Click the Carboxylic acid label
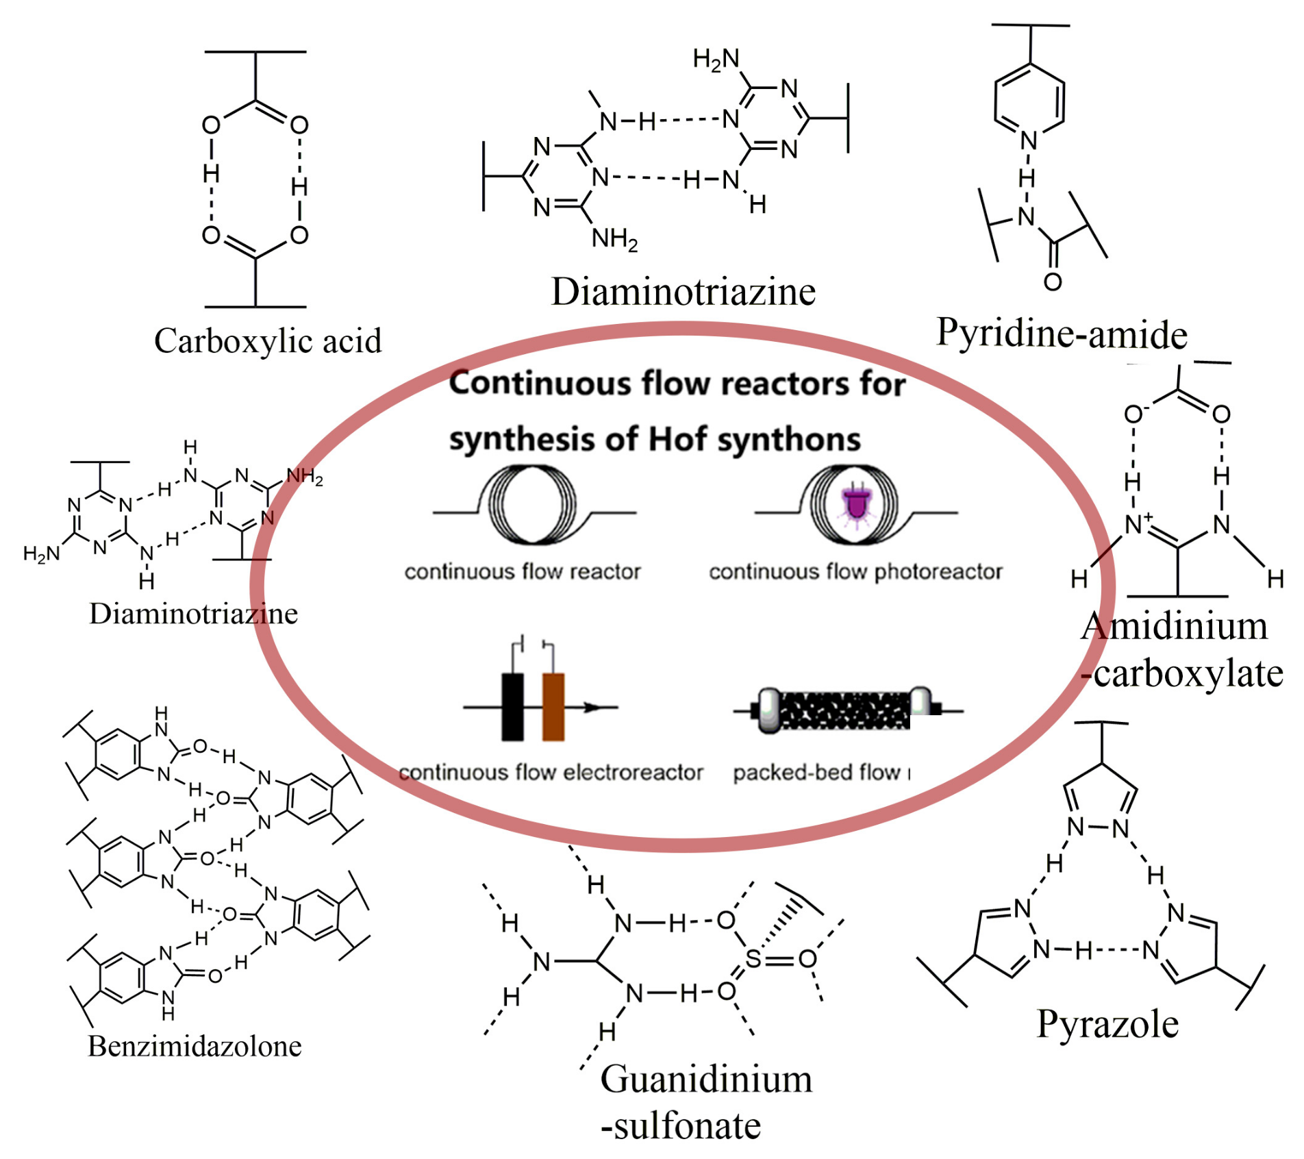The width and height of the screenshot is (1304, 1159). point(267,340)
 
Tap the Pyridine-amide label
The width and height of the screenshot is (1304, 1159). point(1061,334)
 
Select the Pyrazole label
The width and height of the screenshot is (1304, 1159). point(1107,1024)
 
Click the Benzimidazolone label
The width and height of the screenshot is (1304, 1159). point(195,1047)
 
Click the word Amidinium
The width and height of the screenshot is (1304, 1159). point(1175,626)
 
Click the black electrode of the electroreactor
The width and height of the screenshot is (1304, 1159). point(512,707)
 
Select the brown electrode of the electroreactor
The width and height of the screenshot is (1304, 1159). point(553,707)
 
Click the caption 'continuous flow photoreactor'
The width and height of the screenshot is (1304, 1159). point(855,571)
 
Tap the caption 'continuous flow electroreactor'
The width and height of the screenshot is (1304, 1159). point(551,773)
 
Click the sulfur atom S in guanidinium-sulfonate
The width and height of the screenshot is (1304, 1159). point(753,958)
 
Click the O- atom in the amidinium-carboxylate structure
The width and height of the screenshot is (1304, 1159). point(1134,414)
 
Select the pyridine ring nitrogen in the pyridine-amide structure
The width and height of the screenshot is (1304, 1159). point(1029,140)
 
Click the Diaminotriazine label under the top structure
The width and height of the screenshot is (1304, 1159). point(684,292)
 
